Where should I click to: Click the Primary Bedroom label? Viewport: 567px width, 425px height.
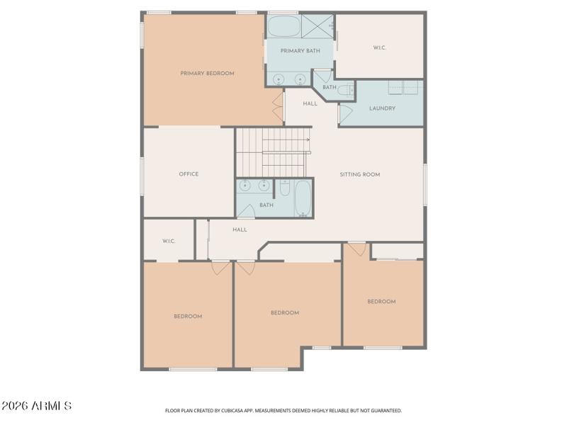[207, 74]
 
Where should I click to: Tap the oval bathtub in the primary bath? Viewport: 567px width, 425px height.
[283, 26]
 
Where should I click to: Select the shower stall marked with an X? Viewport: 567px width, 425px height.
[317, 25]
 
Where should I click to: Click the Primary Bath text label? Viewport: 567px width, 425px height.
[300, 51]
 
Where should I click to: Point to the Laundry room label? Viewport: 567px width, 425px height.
[382, 108]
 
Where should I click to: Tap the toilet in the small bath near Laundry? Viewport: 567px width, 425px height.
[345, 90]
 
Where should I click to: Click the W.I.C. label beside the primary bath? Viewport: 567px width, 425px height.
[379, 48]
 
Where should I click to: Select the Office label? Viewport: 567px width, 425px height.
[189, 174]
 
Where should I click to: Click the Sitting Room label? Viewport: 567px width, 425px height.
[360, 174]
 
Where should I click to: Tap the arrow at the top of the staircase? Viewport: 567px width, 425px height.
[308, 140]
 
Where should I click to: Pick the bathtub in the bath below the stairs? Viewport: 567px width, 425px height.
[303, 198]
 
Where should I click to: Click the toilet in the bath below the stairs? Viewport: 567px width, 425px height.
[284, 188]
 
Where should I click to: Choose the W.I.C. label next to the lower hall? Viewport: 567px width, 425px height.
[169, 242]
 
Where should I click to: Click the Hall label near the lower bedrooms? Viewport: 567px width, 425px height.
[240, 229]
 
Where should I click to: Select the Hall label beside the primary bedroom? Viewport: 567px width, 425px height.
[310, 104]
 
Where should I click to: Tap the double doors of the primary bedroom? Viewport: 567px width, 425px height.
[278, 107]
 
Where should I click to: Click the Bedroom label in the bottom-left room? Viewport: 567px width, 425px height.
[188, 317]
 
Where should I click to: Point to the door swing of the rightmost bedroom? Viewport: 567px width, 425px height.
[357, 249]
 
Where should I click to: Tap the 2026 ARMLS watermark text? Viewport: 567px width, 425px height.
[36, 406]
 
